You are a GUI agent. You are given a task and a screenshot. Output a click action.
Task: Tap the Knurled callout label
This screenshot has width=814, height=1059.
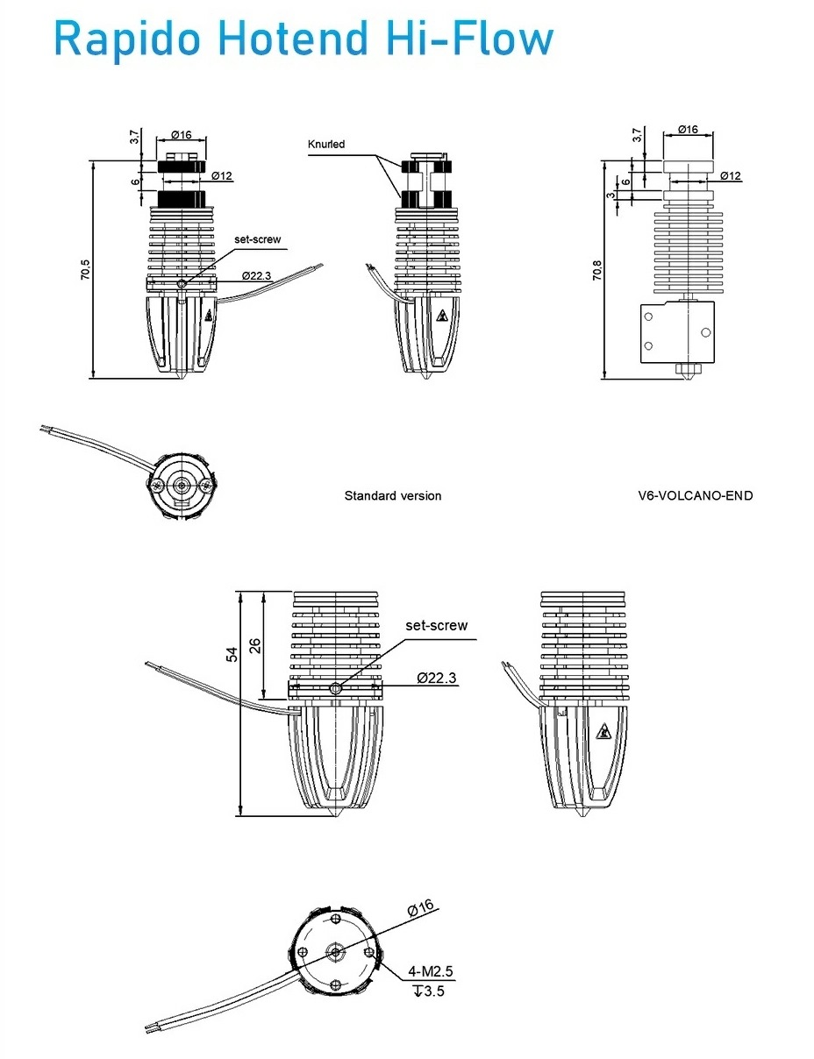[326, 145]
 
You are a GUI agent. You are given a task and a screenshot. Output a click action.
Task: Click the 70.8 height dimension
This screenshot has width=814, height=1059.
[596, 271]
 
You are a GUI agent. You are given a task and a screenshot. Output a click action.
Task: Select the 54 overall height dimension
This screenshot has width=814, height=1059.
[232, 654]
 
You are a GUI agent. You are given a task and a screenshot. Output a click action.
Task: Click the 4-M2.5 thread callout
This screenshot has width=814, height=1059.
[431, 972]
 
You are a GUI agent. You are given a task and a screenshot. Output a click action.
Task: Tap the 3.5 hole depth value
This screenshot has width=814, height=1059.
[431, 991]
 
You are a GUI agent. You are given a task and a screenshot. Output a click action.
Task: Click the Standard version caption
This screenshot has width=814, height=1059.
[392, 496]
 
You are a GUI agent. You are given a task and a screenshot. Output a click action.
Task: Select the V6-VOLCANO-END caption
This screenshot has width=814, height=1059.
[695, 496]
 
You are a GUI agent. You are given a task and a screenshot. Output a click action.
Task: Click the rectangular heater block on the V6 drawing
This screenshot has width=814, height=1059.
[679, 332]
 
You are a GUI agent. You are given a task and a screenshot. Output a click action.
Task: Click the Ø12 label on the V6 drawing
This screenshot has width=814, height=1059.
[730, 176]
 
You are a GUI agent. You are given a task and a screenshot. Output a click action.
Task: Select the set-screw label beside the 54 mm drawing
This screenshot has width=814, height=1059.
[436, 626]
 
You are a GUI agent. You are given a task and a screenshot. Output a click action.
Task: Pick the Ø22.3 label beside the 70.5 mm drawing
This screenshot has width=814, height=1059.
[256, 276]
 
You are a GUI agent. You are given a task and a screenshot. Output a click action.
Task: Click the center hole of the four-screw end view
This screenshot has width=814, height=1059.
[337, 952]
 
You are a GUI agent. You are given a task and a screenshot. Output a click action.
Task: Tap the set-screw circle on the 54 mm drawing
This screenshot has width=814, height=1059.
[335, 690]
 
